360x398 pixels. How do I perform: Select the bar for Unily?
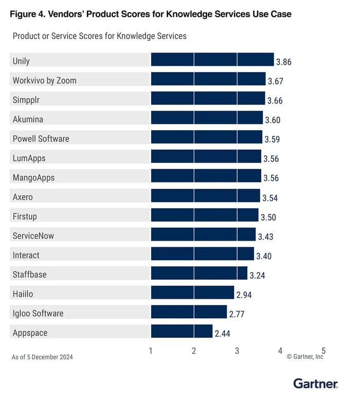pos(212,60)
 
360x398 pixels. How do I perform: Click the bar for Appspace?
pos(181,331)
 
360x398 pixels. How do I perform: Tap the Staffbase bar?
pos(199,273)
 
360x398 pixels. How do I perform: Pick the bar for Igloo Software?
pos(188,312)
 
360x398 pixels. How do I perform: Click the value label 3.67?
pos(275,81)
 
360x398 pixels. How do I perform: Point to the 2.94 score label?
pos(244,295)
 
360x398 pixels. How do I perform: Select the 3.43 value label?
pos(265,237)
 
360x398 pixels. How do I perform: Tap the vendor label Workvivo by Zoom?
pos(44,80)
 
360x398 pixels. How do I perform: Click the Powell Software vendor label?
pos(41,138)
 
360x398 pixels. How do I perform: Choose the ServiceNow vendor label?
pos(33,236)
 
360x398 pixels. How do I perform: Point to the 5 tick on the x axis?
pos(323,351)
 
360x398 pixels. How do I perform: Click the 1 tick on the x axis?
pos(151,351)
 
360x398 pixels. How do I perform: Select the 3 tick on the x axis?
pos(237,351)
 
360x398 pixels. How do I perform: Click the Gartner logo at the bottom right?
pos(315,384)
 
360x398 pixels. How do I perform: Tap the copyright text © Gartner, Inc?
pos(305,356)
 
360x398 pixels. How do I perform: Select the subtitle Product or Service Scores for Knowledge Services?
pos(99,37)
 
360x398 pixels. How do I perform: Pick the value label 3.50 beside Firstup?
pos(268,218)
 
